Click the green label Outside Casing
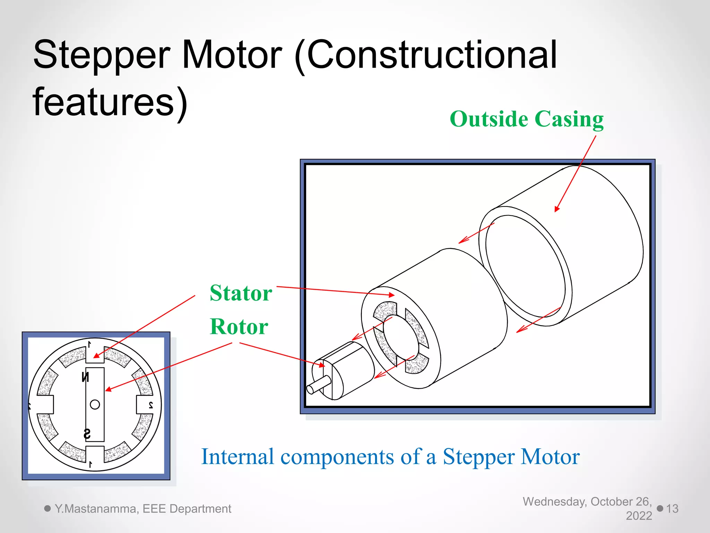[526, 119]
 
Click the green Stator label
[241, 293]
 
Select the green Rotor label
[239, 327]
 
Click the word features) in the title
[110, 102]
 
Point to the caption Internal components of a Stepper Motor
[390, 456]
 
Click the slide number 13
[672, 509]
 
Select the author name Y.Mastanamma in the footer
[97, 509]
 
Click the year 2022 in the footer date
[639, 516]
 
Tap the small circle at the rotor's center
[95, 405]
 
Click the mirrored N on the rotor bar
[85, 377]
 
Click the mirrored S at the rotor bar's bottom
[87, 434]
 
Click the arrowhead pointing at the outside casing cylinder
[557, 209]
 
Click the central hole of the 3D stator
[401, 337]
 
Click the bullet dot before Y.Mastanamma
[47, 508]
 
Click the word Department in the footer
[200, 509]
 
